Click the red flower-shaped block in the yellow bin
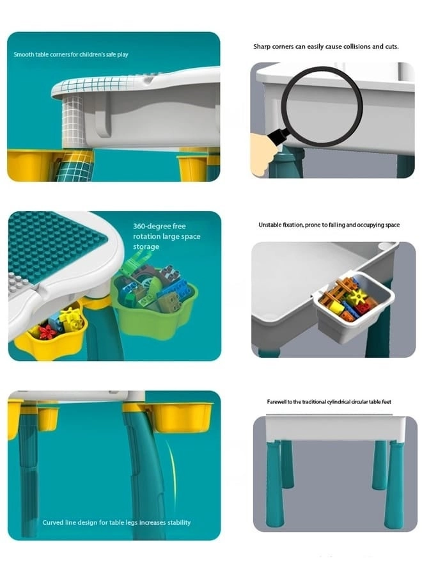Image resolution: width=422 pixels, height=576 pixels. coord(48,332)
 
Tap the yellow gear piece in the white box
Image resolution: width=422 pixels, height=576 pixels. coord(357,296)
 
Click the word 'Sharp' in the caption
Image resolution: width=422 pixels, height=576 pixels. coord(262,47)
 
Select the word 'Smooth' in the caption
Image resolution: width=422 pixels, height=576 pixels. coord(24,54)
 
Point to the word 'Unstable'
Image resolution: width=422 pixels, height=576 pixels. coord(270,225)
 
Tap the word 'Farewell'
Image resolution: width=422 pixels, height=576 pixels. coord(276,401)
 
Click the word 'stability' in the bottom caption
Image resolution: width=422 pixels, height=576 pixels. coord(179,522)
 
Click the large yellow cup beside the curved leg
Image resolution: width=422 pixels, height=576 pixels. coord(183,417)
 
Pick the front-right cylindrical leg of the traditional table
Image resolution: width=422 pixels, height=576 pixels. coord(395,484)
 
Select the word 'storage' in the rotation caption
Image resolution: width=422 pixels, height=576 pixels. coord(146,247)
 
